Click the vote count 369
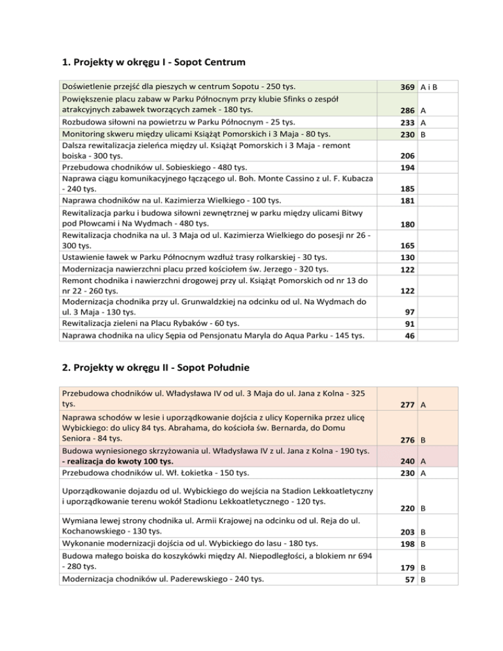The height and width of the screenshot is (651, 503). pos(409,86)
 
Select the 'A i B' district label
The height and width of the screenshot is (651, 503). pos(430,86)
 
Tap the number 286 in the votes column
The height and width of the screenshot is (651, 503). pos(409,112)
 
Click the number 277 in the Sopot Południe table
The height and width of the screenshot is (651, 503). pos(409,406)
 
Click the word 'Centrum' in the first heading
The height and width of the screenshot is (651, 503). pos(219,64)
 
